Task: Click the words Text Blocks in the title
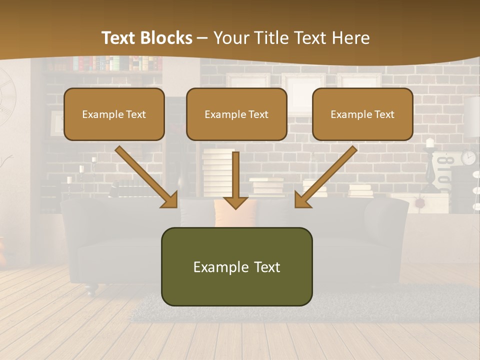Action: (x=146, y=38)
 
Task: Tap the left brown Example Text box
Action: (x=114, y=114)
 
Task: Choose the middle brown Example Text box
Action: (x=236, y=114)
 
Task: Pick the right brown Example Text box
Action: (x=362, y=114)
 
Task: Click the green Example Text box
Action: (x=236, y=266)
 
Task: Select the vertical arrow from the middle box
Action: (x=235, y=180)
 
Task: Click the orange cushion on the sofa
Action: (x=235, y=212)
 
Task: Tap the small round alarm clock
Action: (x=468, y=157)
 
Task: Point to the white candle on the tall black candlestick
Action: (x=429, y=142)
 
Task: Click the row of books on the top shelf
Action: (x=117, y=63)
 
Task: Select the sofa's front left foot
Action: (x=90, y=289)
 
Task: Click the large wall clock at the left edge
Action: (x=6, y=95)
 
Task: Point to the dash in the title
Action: (x=202, y=38)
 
